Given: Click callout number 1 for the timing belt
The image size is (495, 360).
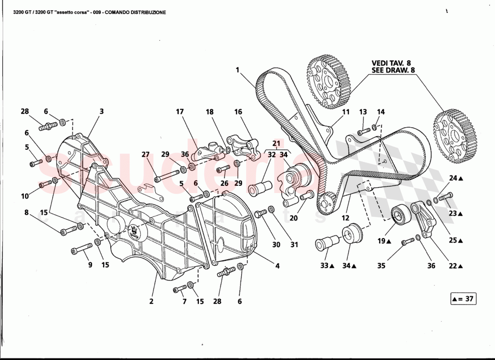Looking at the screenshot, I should pyautogui.click(x=237, y=70).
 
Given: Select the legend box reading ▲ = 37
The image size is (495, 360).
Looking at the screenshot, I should pyautogui.click(x=463, y=298).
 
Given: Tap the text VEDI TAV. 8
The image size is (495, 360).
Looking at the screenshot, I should pyautogui.click(x=391, y=63).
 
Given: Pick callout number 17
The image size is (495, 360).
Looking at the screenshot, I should pyautogui.click(x=180, y=111).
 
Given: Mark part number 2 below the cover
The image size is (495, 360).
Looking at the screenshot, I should pyautogui.click(x=151, y=301).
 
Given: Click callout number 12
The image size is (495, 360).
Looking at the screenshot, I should pyautogui.click(x=345, y=218).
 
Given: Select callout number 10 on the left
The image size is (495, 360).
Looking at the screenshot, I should pyautogui.click(x=24, y=196).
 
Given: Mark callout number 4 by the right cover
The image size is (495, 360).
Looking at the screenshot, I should pyautogui.click(x=278, y=266).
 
